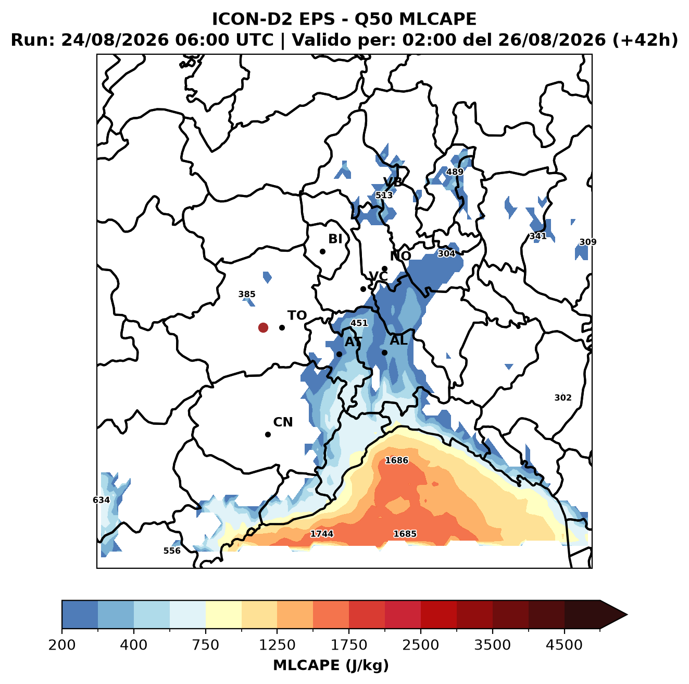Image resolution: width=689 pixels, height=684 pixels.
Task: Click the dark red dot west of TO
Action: tap(263, 327)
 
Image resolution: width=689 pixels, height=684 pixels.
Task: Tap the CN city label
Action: tap(283, 422)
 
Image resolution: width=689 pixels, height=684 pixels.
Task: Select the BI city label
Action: tap(335, 239)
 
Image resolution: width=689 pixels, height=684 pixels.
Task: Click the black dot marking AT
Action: tap(339, 354)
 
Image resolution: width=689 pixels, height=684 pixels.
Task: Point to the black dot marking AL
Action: tap(384, 352)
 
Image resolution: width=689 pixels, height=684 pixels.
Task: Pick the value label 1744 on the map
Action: tap(321, 534)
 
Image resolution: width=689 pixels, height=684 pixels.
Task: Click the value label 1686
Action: tap(396, 460)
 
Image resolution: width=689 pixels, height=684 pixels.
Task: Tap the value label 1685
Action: tap(405, 534)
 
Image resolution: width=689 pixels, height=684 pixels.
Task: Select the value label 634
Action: tap(101, 500)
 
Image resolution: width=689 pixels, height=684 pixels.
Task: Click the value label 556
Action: tap(172, 551)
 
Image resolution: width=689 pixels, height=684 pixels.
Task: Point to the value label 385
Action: tap(247, 294)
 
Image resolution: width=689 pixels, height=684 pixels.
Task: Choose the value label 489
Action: tap(455, 172)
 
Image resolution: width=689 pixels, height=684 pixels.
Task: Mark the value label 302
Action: tap(563, 398)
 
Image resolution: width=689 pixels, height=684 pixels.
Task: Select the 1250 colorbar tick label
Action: tap(277, 644)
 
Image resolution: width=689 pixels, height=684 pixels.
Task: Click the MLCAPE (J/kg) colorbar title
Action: tap(331, 665)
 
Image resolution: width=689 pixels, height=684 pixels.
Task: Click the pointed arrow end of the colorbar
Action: tap(627, 615)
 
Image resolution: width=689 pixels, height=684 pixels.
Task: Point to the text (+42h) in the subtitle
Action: tap(645, 40)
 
